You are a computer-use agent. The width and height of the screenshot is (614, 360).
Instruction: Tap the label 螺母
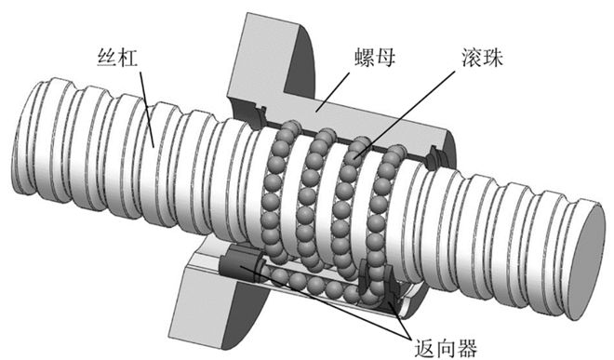375,58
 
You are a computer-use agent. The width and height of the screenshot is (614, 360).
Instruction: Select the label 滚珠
481,58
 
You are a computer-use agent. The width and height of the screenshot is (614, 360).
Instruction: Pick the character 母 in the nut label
385,58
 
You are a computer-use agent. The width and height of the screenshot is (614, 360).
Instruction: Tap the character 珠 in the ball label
492,58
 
